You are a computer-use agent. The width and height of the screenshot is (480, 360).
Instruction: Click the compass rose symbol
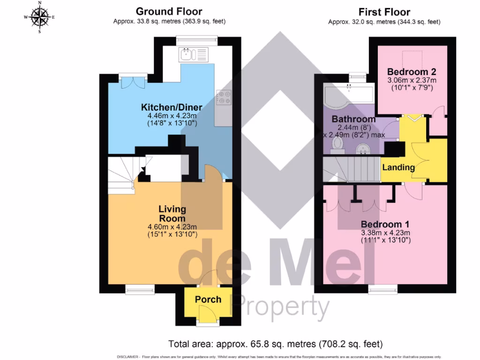click(x=40, y=18)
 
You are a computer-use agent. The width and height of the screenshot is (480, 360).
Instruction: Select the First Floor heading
click(x=384, y=12)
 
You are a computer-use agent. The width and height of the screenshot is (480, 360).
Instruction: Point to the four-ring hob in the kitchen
click(x=223, y=97)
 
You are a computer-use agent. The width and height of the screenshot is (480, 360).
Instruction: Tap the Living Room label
click(x=172, y=214)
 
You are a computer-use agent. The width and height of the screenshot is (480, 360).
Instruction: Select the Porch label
click(x=208, y=299)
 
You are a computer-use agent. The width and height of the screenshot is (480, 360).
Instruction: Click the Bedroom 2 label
click(x=412, y=72)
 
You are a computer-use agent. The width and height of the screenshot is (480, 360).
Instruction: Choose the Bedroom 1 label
click(x=381, y=224)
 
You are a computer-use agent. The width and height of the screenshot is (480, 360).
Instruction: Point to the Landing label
click(x=398, y=167)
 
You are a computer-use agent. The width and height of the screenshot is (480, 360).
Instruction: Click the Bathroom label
click(x=353, y=119)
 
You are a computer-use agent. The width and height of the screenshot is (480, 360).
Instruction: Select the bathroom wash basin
click(x=363, y=149)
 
